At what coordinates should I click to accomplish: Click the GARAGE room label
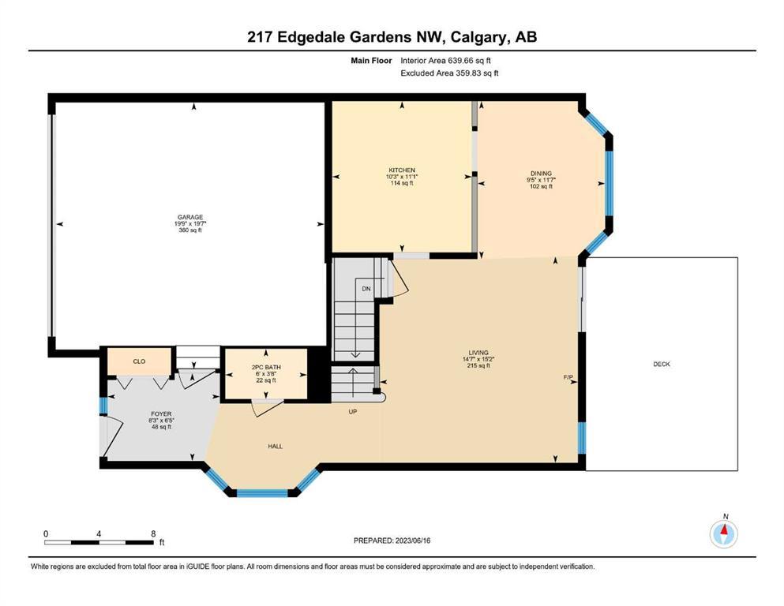(x=190, y=217)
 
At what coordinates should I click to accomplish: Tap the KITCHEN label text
(x=402, y=170)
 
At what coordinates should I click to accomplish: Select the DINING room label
(x=541, y=174)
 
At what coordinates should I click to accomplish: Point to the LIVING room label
(x=478, y=353)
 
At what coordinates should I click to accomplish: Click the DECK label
(x=662, y=365)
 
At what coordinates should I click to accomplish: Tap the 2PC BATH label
(x=266, y=367)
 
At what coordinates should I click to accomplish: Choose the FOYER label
(x=161, y=414)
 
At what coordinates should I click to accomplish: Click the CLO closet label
(x=139, y=361)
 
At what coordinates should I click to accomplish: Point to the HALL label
(x=275, y=446)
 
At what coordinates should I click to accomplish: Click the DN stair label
(x=366, y=289)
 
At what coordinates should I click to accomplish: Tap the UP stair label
(x=353, y=412)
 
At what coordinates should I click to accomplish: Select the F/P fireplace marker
(x=568, y=377)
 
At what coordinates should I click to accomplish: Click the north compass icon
(x=723, y=533)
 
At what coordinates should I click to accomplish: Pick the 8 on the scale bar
(x=153, y=533)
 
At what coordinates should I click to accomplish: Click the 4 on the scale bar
(x=99, y=533)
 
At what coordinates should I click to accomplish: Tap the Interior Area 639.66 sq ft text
(x=445, y=61)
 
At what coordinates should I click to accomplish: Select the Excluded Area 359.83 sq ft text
(x=449, y=73)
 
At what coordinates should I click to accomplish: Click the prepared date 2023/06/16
(x=413, y=541)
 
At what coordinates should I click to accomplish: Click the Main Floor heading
(x=371, y=61)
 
